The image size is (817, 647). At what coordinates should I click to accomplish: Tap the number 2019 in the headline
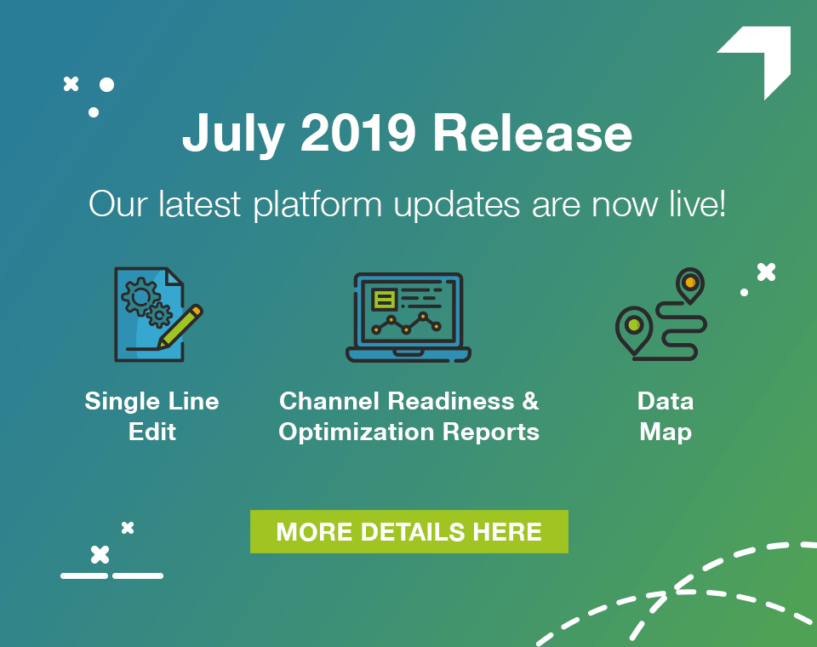[358, 135]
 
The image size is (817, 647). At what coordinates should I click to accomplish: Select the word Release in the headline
[532, 135]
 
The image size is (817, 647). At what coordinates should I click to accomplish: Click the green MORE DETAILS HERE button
[408, 532]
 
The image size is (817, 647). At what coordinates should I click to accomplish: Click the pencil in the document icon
[181, 326]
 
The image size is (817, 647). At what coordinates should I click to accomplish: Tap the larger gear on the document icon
[139, 295]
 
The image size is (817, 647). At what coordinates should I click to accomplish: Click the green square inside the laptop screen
[385, 299]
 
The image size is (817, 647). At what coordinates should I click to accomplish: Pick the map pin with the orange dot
[689, 283]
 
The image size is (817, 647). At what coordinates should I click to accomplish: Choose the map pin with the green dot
[633, 327]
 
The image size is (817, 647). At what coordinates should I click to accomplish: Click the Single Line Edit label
[151, 416]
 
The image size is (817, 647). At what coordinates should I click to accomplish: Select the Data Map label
[666, 416]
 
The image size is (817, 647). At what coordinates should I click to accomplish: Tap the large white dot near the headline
[106, 84]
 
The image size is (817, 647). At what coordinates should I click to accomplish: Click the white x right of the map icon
[766, 272]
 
